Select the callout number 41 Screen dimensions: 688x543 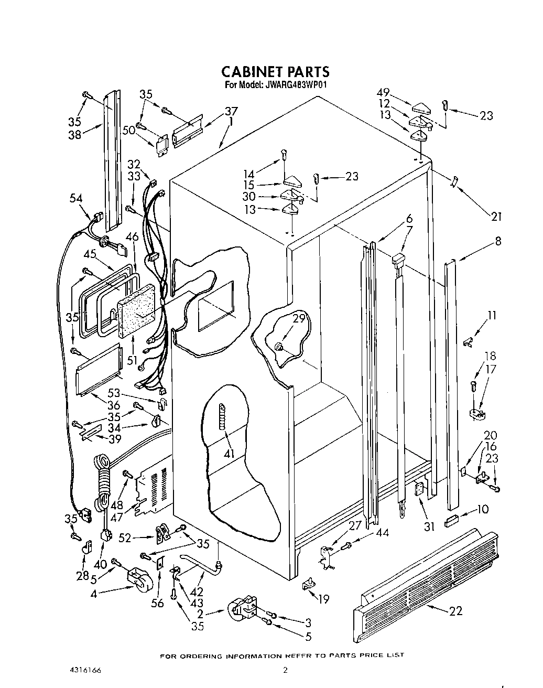pyautogui.click(x=229, y=453)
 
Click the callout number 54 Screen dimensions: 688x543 pyautogui.click(x=76, y=198)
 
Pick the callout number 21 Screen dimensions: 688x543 pyautogui.click(x=496, y=216)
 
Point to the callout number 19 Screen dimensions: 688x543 pyautogui.click(x=324, y=598)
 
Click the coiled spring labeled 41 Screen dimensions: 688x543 pyautogui.click(x=224, y=415)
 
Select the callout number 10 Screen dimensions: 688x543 pyautogui.click(x=483, y=509)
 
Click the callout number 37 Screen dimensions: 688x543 pyautogui.click(x=231, y=111)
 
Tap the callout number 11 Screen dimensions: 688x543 pyautogui.click(x=492, y=316)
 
